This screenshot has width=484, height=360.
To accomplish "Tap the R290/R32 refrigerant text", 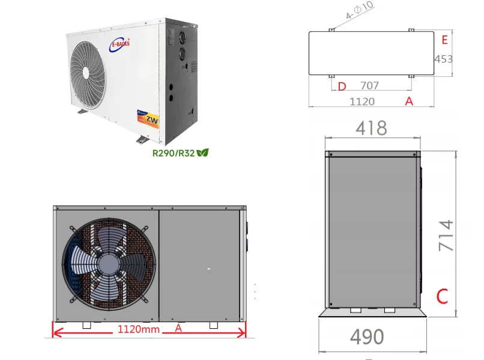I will click(x=174, y=153).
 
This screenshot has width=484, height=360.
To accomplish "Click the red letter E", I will click(x=444, y=40).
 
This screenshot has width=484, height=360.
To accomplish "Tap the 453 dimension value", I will click(x=443, y=59).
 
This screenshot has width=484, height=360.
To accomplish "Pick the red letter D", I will click(x=342, y=86).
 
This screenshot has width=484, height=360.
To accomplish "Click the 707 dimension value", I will click(x=369, y=86).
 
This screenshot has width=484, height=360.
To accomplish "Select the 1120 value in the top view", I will click(x=362, y=101).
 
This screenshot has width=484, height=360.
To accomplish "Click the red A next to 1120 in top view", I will click(x=409, y=101).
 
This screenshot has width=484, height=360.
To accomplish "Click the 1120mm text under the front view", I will click(x=138, y=329).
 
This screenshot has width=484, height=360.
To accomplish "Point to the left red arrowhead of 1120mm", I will click(x=57, y=330).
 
